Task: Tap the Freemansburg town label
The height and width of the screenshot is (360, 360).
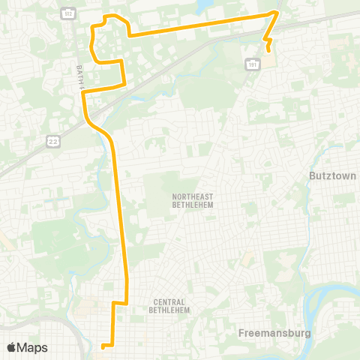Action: [273, 332]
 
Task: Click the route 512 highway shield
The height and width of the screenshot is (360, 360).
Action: [68, 14]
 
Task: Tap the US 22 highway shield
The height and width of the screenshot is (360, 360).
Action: [52, 139]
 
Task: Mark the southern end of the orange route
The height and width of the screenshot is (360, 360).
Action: [103, 346]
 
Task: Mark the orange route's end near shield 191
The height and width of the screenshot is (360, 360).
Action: [268, 49]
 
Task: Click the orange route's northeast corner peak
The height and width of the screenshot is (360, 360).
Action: [277, 13]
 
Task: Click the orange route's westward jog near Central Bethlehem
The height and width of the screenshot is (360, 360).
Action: [119, 303]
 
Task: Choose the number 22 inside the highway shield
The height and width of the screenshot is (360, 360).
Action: [52, 139]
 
